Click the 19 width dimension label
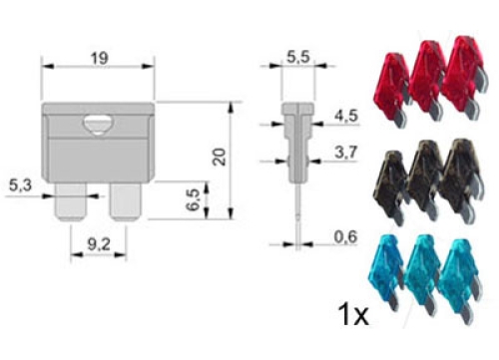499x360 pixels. point(100,59)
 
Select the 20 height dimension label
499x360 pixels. point(220,157)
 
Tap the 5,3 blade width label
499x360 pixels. point(20,185)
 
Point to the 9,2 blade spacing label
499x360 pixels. point(99,245)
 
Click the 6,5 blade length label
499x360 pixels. point(193,199)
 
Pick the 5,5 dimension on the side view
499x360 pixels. point(298,57)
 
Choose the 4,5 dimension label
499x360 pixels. point(346,116)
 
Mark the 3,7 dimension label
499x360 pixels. point(346,153)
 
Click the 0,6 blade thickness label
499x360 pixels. point(345,237)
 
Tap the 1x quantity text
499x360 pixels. point(353,314)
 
